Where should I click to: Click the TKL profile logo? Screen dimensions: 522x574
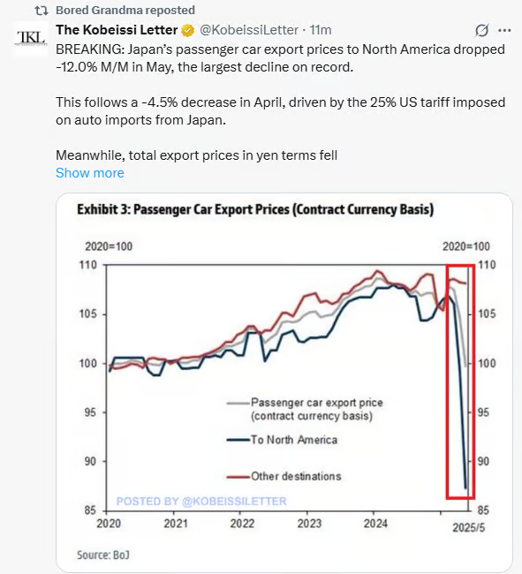point(31,38)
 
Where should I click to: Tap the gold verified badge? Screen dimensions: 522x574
point(188,30)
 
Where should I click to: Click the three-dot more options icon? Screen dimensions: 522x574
point(504,31)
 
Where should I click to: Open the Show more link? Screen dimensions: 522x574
point(90,173)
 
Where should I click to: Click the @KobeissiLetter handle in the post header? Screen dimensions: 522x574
point(249,30)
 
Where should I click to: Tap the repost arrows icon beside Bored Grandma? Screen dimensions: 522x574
point(42,11)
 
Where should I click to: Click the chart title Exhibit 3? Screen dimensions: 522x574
point(255,209)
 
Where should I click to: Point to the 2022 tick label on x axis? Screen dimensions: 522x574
point(242,524)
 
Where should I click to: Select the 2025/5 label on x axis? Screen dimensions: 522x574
point(468,527)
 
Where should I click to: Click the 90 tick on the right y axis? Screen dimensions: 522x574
point(483,462)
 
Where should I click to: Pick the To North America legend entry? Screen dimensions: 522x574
point(282,440)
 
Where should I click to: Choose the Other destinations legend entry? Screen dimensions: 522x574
point(284,476)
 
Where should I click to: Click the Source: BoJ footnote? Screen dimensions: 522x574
point(103,555)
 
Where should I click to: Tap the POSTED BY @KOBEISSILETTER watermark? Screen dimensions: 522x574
point(201,502)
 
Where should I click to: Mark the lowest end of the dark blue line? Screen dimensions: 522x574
point(466,488)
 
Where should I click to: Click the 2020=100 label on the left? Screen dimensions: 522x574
point(109,246)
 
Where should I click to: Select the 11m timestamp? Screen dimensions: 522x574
point(321,30)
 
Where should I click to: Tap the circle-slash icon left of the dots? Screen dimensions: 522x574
point(481,31)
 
